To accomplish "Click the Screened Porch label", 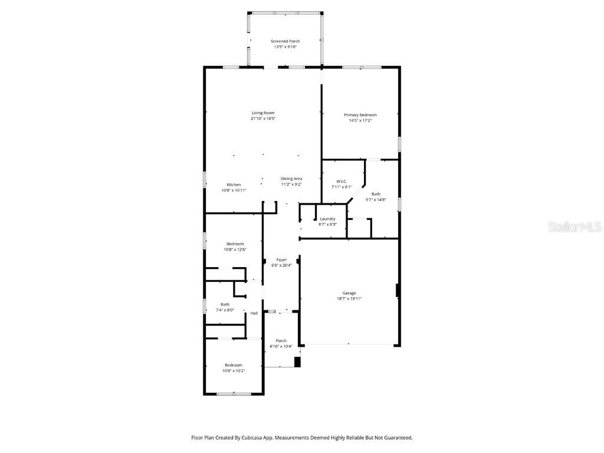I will (285, 41).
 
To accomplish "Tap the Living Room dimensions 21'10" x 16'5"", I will (263, 119).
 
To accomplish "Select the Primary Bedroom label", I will (360, 115).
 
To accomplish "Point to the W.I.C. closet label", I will (342, 181).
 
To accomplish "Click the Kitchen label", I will (234, 185).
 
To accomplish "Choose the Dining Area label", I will (291, 179).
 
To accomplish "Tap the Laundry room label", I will (327, 219).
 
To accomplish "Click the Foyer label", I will (281, 260).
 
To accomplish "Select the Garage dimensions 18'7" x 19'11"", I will (349, 298).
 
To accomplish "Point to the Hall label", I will (254, 313).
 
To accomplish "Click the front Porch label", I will (281, 340).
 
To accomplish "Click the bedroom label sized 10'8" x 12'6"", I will (234, 244).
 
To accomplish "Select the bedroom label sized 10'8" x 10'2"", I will (233, 365).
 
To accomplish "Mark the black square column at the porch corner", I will (297, 362).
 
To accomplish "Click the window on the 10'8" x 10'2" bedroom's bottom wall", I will (234, 394).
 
